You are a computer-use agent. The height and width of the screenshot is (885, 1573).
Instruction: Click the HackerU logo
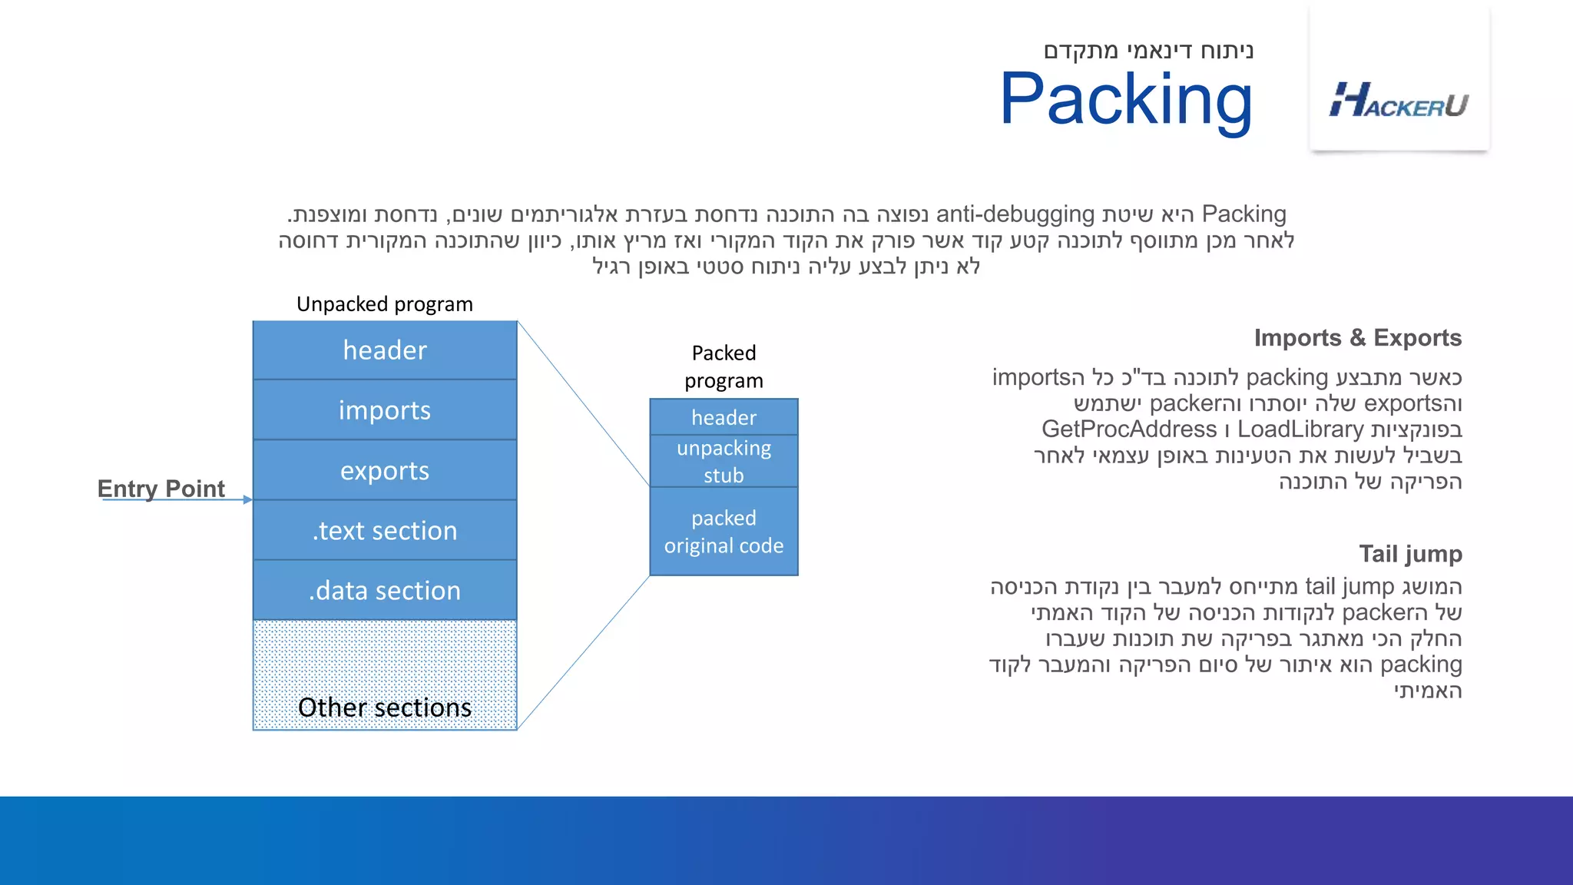click(x=1399, y=101)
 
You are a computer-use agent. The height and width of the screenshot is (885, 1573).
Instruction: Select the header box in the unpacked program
click(x=385, y=350)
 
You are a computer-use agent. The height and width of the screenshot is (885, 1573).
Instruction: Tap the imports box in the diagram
click(x=385, y=410)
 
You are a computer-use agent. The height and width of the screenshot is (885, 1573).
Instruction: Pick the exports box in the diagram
click(x=385, y=470)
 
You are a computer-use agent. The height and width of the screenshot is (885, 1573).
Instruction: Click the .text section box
click(x=385, y=530)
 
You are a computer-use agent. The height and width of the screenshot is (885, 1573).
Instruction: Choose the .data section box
click(x=385, y=590)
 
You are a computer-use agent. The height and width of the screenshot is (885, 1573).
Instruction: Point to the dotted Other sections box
click(x=385, y=676)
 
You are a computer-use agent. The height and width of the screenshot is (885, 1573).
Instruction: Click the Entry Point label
click(x=161, y=488)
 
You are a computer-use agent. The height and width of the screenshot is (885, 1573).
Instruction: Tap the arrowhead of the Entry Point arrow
click(x=247, y=499)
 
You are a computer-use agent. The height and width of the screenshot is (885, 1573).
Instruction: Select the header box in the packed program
click(x=724, y=417)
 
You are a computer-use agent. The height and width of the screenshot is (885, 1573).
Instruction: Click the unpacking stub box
click(x=724, y=461)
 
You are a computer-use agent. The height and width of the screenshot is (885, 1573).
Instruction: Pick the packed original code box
click(x=724, y=532)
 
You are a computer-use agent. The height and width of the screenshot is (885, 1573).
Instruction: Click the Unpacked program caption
click(x=385, y=304)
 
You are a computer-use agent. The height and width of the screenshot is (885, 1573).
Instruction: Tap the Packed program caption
click(x=724, y=366)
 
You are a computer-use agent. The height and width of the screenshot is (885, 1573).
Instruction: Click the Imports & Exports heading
click(x=1357, y=338)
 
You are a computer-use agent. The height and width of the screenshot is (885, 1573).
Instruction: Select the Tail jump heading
click(x=1410, y=554)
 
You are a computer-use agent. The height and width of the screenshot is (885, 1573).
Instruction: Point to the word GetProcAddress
click(x=1128, y=429)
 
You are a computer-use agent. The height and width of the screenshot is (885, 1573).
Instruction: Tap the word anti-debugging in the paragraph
click(x=1015, y=214)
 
